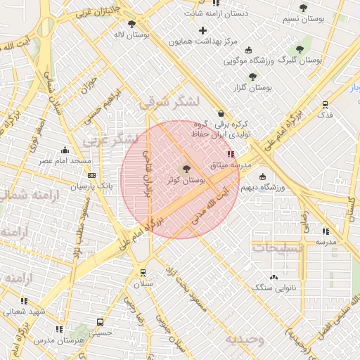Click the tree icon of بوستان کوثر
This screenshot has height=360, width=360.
point(186,169)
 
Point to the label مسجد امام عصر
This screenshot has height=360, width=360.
point(65,161)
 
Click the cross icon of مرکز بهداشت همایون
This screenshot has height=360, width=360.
point(203,30)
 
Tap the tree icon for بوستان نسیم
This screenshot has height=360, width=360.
point(303,8)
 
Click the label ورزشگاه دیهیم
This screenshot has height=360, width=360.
point(259,188)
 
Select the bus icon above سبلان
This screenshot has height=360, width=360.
point(143,273)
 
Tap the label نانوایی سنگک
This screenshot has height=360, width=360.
point(274,288)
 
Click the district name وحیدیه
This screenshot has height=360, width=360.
point(244,340)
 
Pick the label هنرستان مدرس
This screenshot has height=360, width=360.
point(58,340)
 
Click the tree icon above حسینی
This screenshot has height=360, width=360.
point(102,322)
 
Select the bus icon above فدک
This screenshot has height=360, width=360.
point(325,103)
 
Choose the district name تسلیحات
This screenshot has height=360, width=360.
point(278,248)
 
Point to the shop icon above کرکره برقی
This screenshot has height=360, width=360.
point(221,113)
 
